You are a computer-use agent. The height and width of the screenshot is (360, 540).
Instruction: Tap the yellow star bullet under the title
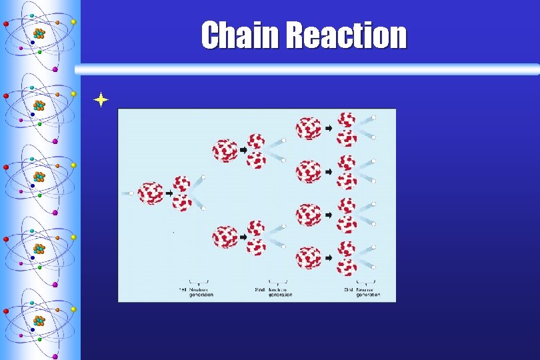pos(101,100)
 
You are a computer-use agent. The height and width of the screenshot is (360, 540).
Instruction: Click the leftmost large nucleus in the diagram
pos(151,193)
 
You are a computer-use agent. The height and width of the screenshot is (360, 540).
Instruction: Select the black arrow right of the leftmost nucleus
pos(168,193)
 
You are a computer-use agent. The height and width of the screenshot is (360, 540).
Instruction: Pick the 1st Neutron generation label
pos(197,292)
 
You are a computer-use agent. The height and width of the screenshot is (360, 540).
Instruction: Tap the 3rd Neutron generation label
pos(363,292)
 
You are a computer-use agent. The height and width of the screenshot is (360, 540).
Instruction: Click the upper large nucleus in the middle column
pos(225,150)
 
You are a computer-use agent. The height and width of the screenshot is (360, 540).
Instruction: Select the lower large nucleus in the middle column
pos(225,237)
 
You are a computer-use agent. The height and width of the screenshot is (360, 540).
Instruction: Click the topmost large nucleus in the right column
pos(309,128)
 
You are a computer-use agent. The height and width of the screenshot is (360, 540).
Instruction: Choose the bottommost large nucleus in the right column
pos(309,257)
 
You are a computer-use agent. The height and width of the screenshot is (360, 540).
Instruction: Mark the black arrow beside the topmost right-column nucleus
pos(328,128)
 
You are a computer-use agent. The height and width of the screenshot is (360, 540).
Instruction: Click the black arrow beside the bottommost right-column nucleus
pos(328,257)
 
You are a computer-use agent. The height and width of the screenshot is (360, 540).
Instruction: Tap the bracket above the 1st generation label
pos(199,281)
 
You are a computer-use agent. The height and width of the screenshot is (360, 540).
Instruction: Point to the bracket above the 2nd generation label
pos(277,281)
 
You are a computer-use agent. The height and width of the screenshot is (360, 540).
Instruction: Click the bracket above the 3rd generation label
pos(366,281)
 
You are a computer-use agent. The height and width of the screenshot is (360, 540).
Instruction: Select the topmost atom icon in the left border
pos(39,34)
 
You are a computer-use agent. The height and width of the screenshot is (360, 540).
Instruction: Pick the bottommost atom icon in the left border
pos(39,321)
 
